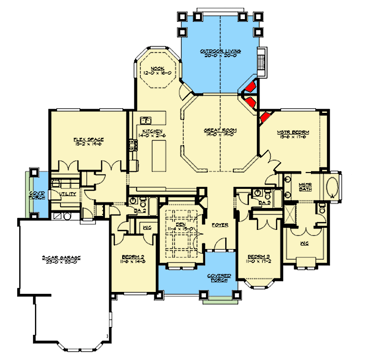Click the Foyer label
pos(220,225)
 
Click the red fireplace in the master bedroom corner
pos(264,117)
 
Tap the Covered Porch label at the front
pos(219,277)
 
